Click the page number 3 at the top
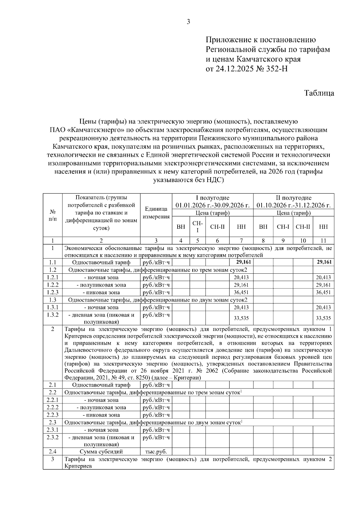188,22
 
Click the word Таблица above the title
319,93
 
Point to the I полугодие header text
212,198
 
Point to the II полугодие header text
293,198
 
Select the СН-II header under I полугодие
217,227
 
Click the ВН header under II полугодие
263,227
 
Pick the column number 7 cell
241,240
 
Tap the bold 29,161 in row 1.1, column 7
241,262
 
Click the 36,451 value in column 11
323,292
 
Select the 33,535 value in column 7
241,318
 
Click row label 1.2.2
52,285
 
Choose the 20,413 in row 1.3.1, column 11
323,307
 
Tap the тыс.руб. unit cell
156,452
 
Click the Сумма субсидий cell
101,452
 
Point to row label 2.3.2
52,437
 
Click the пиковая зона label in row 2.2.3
101,415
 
